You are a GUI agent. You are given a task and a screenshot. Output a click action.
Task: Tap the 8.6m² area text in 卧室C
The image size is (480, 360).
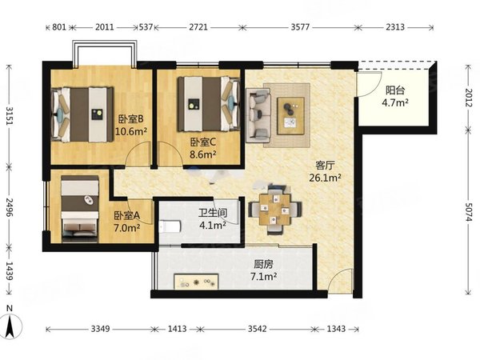click(x=203, y=154)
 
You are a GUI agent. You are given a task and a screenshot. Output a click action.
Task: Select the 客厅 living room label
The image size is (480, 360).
click(x=325, y=166)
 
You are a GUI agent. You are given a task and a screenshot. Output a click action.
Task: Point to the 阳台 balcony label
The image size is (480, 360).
click(x=395, y=90)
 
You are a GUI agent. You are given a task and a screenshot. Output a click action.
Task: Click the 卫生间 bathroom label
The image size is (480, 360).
click(x=213, y=213)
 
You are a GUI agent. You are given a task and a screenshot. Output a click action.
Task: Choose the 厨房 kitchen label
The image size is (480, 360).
click(x=263, y=264)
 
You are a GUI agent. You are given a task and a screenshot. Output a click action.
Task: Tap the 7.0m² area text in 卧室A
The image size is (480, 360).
click(x=127, y=228)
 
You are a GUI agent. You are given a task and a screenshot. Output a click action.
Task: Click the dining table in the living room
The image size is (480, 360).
click(x=274, y=210)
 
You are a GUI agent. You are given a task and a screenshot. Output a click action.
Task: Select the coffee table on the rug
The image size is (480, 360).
click(x=291, y=116)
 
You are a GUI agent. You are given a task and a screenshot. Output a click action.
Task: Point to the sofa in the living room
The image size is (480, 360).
click(x=258, y=116)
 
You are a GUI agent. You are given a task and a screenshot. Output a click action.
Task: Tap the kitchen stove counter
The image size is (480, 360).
click(x=196, y=282)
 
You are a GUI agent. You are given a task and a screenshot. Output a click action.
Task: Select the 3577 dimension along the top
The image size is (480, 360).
click(x=300, y=27)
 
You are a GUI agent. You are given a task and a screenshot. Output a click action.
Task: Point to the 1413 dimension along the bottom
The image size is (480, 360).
click(x=178, y=329)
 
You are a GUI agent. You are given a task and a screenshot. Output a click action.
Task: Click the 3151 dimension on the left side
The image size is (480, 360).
click(x=10, y=116)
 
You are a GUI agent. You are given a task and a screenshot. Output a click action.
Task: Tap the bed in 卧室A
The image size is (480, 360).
click(x=80, y=210)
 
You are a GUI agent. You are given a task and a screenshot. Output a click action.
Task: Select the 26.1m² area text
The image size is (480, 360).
click(x=325, y=178)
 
